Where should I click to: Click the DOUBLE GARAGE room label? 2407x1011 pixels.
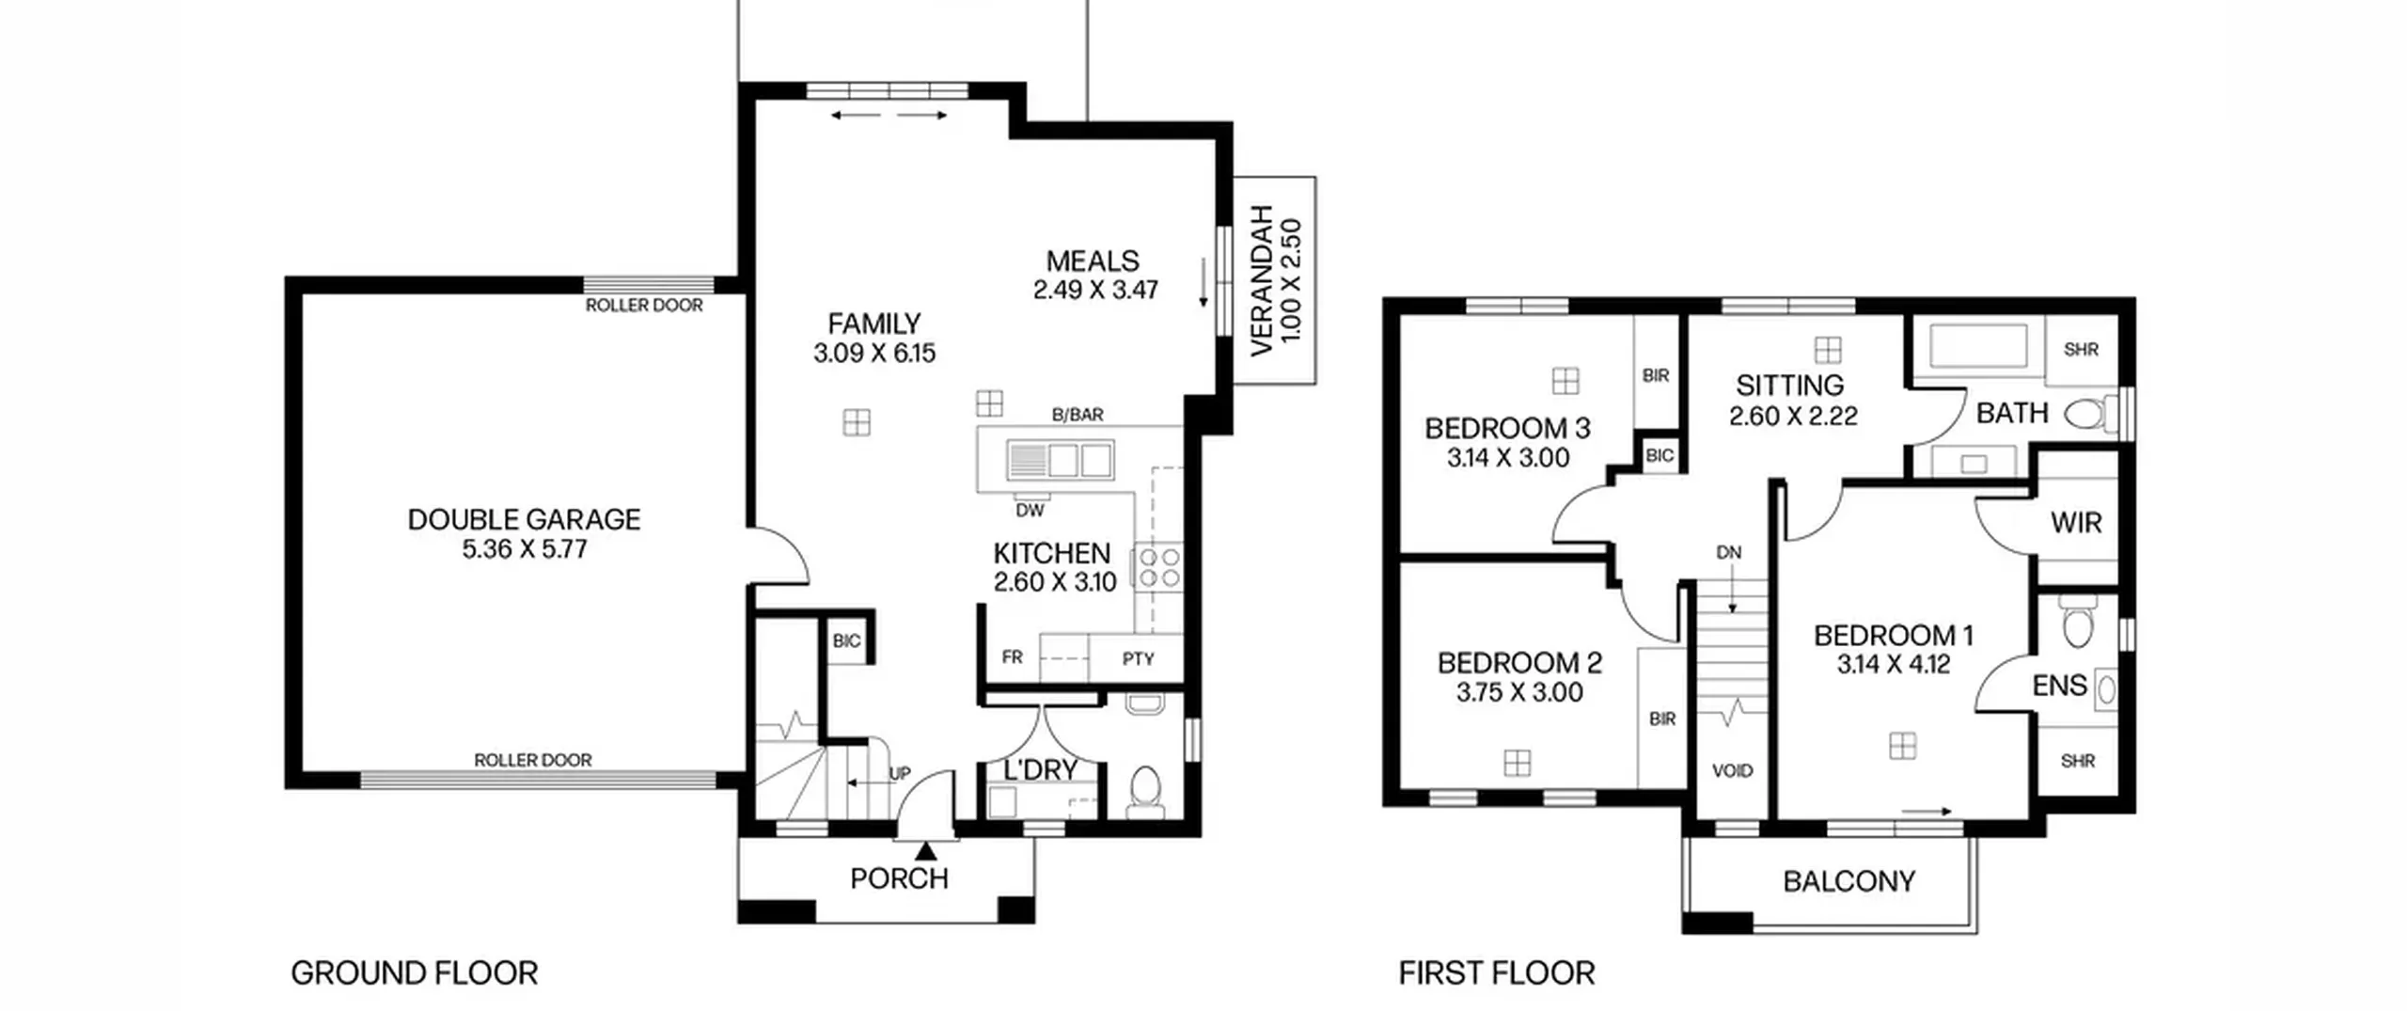(524, 519)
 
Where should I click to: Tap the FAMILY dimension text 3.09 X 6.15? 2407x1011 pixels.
(874, 354)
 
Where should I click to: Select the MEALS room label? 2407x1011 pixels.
(1093, 261)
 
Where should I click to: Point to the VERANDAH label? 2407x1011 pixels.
(1262, 280)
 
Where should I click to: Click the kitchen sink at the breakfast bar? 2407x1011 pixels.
(1060, 461)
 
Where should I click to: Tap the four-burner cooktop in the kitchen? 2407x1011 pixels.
(1159, 567)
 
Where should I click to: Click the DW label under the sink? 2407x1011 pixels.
(1030, 511)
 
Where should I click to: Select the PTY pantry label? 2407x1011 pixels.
(1138, 658)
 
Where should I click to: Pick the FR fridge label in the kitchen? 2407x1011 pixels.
(1012, 657)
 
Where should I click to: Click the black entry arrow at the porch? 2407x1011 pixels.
(926, 851)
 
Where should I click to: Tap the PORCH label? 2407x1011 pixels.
(899, 878)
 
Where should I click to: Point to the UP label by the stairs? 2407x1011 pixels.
(900, 774)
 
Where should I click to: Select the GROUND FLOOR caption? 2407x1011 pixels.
(415, 972)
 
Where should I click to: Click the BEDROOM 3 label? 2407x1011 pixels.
(1507, 429)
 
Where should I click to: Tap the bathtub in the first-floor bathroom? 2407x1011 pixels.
(1978, 347)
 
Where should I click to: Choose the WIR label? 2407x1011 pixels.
(2076, 523)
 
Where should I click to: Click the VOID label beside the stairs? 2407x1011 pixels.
(1732, 771)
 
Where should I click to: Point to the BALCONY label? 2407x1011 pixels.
(1849, 881)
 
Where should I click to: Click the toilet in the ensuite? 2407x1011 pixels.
(2077, 625)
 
